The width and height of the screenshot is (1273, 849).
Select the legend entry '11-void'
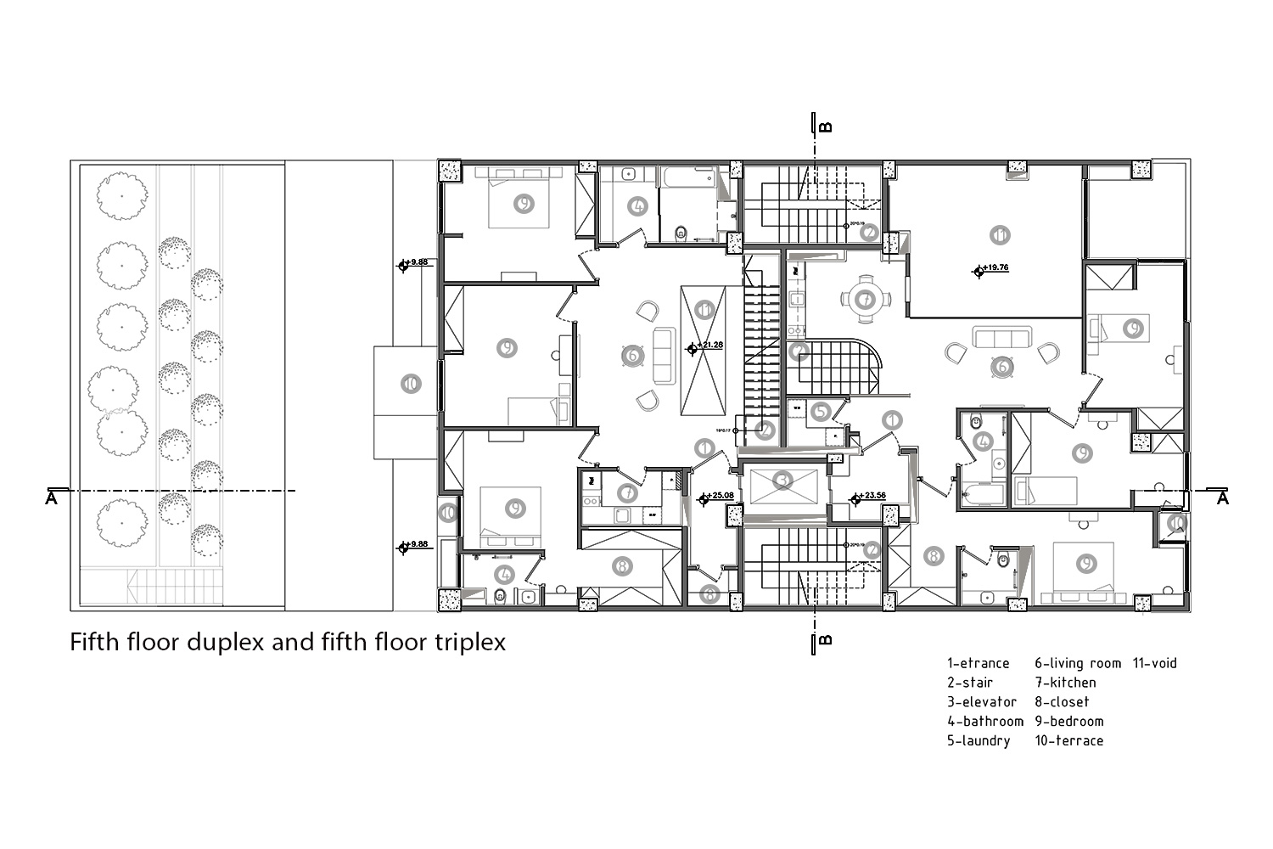click(x=1154, y=663)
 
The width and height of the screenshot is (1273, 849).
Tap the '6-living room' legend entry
click(x=1077, y=663)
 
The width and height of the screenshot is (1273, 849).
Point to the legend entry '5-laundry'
click(x=979, y=740)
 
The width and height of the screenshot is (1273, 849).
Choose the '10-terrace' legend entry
click(x=1068, y=740)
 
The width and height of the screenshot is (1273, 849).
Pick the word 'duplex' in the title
click(x=227, y=641)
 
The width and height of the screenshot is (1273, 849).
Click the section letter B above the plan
click(x=826, y=128)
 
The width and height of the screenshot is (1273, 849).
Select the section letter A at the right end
click(x=1222, y=498)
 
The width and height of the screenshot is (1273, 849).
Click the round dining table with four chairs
click(x=865, y=299)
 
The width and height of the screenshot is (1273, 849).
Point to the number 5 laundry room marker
click(x=820, y=413)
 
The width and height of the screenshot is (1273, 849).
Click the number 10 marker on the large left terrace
click(x=410, y=384)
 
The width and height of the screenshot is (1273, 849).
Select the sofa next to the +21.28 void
click(x=663, y=355)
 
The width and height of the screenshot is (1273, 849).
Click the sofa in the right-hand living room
click(x=1001, y=338)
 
